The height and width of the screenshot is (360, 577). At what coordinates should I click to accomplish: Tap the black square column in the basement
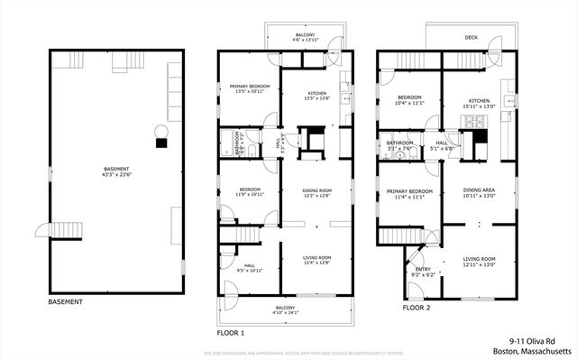point(161,143)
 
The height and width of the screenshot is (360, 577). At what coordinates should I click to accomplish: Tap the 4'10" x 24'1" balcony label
point(285,310)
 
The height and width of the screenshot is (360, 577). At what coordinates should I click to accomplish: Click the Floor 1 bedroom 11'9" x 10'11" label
point(243,192)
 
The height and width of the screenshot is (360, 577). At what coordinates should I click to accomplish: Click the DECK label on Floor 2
point(471,38)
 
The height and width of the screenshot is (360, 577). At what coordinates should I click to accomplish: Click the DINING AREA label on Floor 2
point(477,192)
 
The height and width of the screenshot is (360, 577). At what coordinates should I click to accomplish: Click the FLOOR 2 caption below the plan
point(419,308)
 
